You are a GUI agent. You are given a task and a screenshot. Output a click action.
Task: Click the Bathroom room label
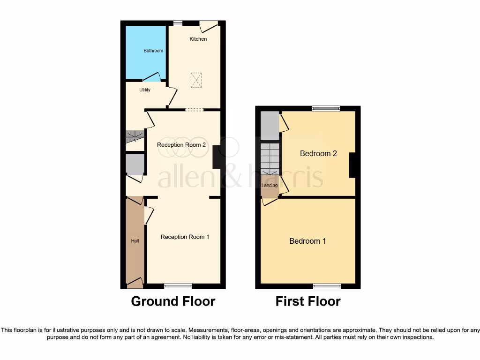[153, 51]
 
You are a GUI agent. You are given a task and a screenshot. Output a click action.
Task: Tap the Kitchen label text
[198, 39]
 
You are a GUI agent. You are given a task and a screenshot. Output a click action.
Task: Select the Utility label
[145, 90]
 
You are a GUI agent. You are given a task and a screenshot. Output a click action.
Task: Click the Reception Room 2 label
[181, 145]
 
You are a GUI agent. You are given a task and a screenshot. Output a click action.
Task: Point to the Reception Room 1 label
[185, 237]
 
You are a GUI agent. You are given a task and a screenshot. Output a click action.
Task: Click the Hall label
[135, 241]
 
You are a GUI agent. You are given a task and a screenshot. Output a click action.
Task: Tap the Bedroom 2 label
[318, 153]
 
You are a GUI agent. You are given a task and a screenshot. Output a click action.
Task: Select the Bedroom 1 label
[307, 241]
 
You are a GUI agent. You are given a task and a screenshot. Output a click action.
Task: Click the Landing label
[270, 185]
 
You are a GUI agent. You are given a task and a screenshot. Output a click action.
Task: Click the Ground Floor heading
[173, 301]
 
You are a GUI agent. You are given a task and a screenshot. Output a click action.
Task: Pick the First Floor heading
[308, 301]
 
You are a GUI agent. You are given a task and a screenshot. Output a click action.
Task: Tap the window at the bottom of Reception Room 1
[178, 286]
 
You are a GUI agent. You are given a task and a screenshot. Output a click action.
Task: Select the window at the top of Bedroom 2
[326, 109]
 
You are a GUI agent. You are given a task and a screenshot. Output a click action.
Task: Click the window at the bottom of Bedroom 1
[327, 286]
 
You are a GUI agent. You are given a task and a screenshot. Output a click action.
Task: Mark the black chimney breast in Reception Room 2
[217, 157]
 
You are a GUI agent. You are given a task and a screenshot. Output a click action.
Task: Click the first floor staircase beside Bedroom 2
[270, 158]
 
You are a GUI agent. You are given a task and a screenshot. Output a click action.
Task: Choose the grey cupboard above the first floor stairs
[270, 126]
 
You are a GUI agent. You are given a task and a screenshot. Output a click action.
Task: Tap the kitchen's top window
[178, 23]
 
